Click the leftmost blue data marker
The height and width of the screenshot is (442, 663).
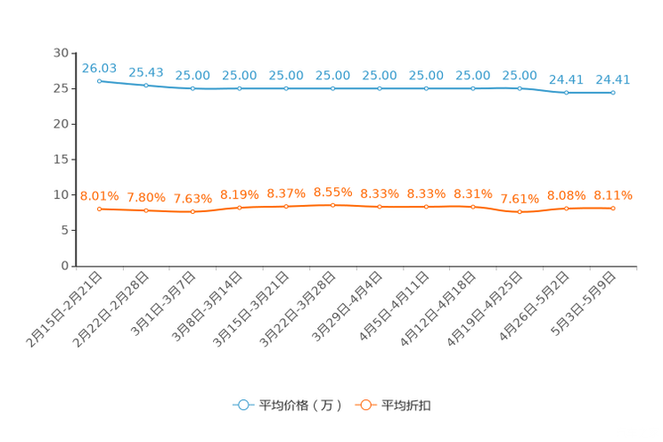click(x=99, y=80)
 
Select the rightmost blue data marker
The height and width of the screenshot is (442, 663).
click(x=613, y=92)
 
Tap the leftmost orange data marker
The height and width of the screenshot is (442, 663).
click(x=99, y=209)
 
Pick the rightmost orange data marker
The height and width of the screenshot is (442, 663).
click(x=613, y=208)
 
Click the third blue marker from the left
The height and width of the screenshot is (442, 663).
click(x=192, y=88)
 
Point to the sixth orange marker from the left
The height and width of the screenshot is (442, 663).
click(x=333, y=204)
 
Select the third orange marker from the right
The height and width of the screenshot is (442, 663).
click(x=520, y=211)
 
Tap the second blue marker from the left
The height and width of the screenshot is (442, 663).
click(x=145, y=86)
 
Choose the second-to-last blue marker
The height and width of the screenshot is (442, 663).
click(x=567, y=92)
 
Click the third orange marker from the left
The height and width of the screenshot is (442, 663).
click(x=192, y=211)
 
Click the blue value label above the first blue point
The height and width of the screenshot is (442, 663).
click(x=99, y=67)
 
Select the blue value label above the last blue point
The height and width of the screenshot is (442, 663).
click(x=613, y=78)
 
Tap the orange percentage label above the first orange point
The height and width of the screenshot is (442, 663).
click(x=99, y=195)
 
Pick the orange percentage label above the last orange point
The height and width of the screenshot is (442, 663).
click(x=613, y=194)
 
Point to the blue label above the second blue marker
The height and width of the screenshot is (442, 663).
click(x=145, y=71)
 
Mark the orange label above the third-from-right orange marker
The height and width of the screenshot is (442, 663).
click(x=520, y=198)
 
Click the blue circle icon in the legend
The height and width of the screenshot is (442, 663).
click(x=242, y=405)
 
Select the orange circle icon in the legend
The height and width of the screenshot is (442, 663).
click(x=364, y=405)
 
